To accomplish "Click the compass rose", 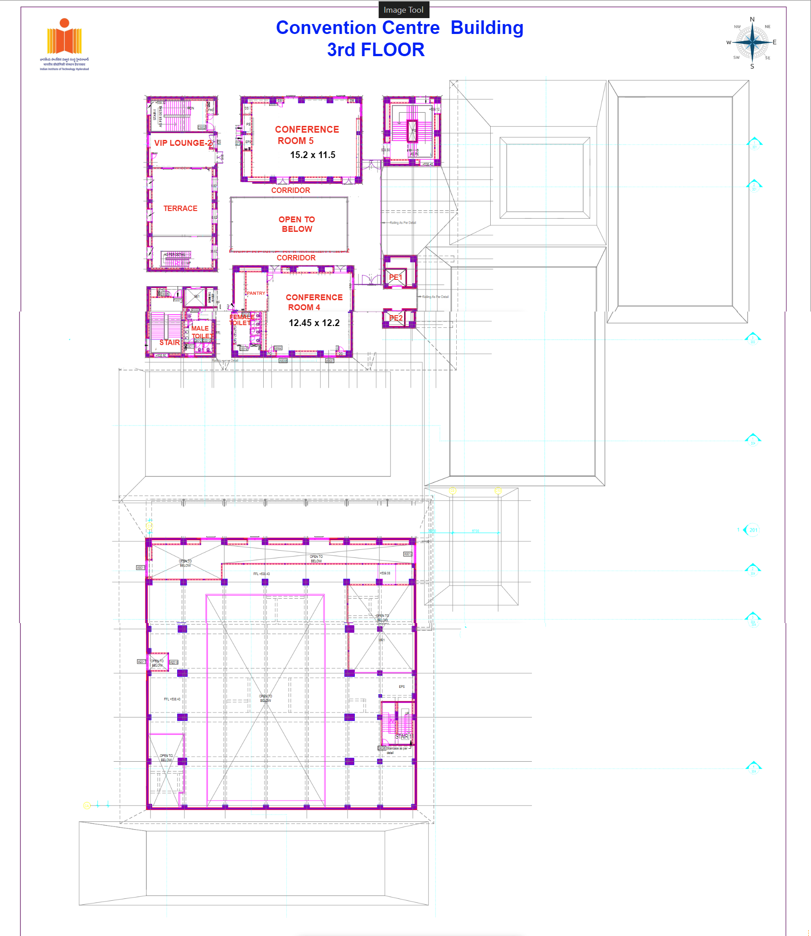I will tap(752, 43).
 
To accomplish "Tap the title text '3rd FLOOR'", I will tap(376, 50).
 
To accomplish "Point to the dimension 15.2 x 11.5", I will tap(313, 155).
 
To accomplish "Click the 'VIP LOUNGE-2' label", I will tap(183, 143).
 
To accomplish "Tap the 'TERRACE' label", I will tap(180, 208).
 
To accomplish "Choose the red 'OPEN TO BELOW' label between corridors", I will tap(297, 224).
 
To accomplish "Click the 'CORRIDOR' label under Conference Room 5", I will tap(290, 190).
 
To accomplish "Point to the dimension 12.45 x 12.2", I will tap(314, 323).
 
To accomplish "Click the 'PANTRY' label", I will tap(256, 293).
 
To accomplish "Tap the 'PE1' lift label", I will tap(396, 277).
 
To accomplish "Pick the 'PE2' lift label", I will tap(396, 318).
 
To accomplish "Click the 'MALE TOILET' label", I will tap(201, 332).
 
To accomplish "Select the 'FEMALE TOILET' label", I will tap(241, 320).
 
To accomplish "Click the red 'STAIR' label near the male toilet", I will tap(169, 342).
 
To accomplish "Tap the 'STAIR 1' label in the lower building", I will tap(404, 736).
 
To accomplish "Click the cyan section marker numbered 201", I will tap(753, 530).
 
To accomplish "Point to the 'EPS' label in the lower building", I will tap(402, 686).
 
